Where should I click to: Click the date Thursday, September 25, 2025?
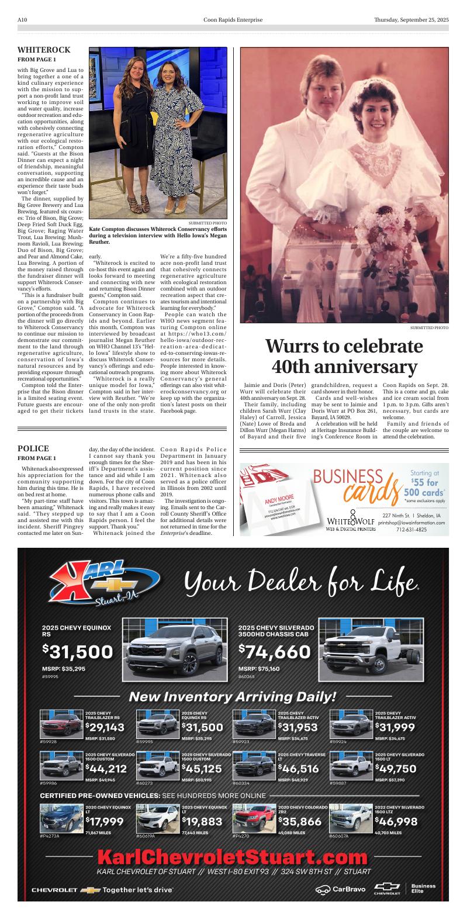click(411, 20)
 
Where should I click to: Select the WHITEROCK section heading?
click(44, 50)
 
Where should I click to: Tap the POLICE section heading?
click(33, 449)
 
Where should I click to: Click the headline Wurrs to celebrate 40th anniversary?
click(344, 356)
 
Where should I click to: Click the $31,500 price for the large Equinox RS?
click(77, 652)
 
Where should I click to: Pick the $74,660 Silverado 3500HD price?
click(274, 652)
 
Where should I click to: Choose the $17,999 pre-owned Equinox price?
click(105, 821)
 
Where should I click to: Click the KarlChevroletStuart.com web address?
click(233, 858)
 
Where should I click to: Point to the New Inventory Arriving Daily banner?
click(233, 696)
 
